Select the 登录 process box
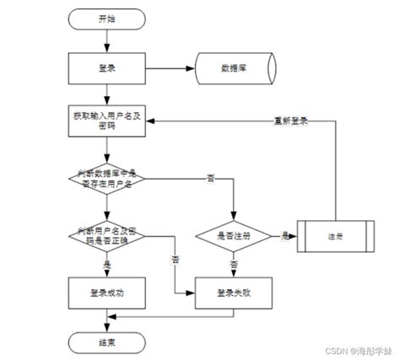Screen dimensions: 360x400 (105, 67)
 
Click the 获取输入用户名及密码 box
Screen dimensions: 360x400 (105, 122)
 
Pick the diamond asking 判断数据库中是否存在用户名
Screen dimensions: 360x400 (105, 178)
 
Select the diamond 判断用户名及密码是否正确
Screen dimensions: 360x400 (105, 234)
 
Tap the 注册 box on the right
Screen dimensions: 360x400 (336, 235)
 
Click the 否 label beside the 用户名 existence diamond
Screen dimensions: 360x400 (209, 178)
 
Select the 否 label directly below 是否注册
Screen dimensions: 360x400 (233, 263)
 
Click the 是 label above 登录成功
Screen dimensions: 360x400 (106, 263)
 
